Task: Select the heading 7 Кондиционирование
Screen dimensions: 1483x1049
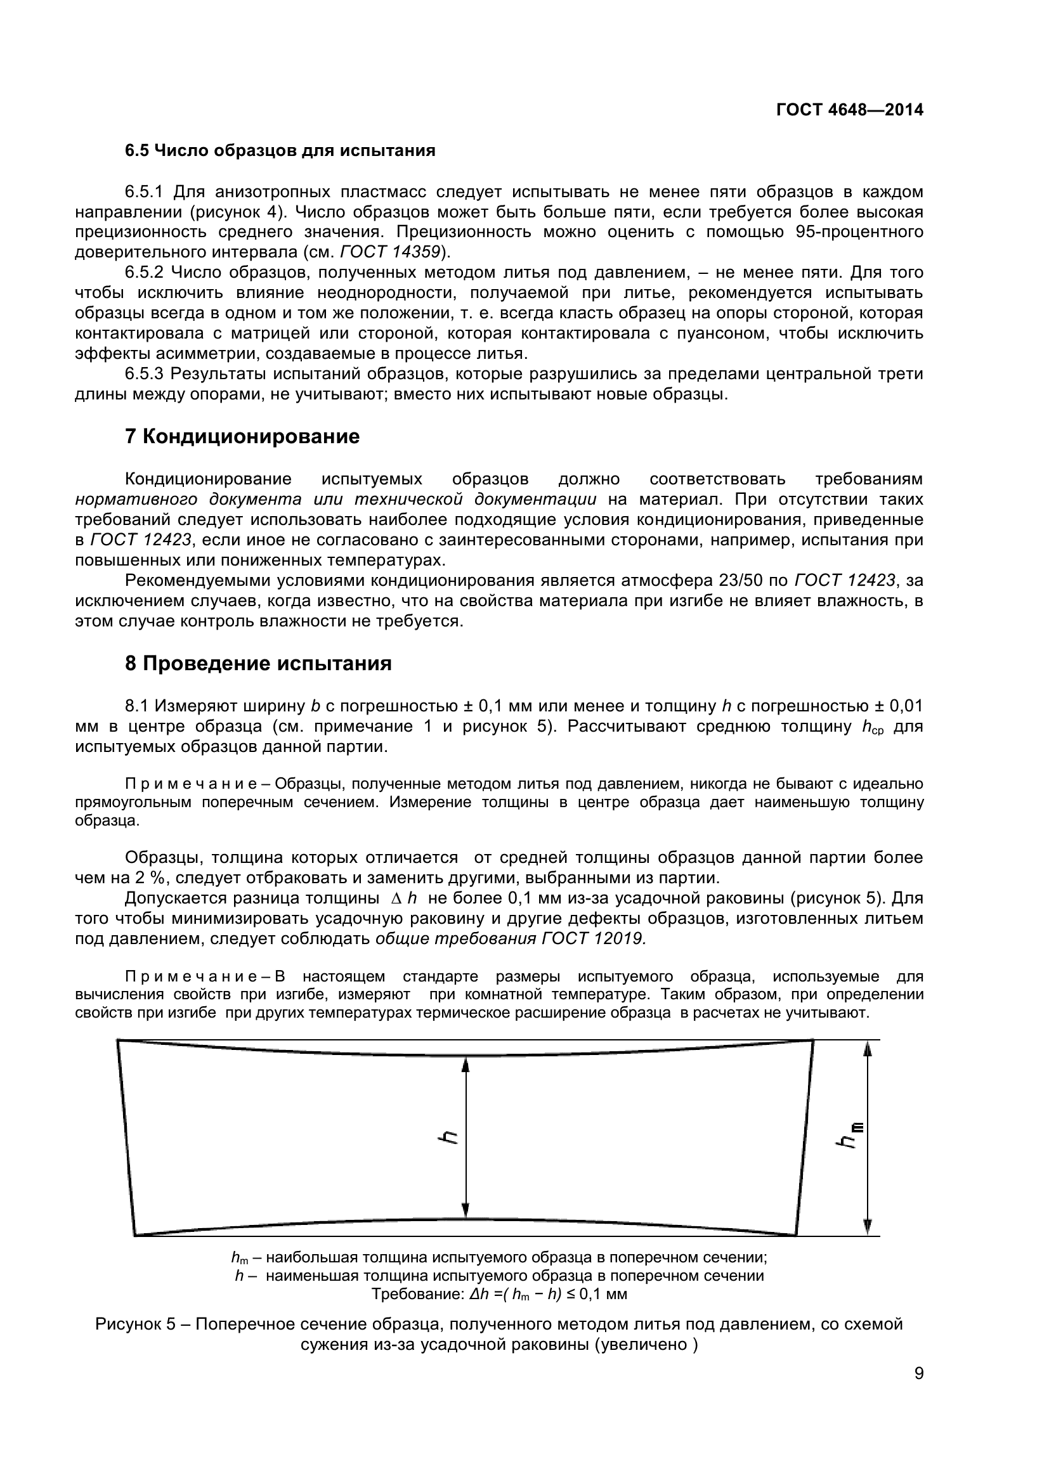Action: (x=242, y=437)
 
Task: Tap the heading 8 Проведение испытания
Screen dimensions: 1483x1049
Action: (x=257, y=663)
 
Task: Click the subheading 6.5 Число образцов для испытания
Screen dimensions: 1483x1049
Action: (x=280, y=150)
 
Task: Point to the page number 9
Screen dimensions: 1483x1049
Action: (x=918, y=1390)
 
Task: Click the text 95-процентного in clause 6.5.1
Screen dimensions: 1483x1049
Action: (x=859, y=232)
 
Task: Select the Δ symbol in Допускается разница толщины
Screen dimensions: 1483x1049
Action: (x=396, y=898)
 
